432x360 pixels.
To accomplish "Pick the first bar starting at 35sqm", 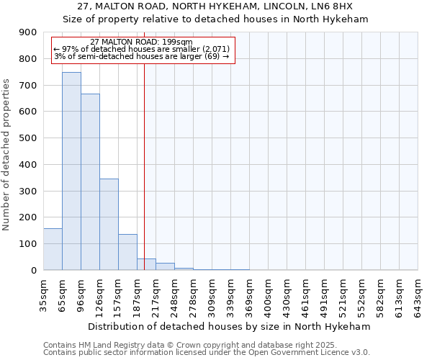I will coord(53,249).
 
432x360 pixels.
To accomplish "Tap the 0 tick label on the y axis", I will coord(33,271).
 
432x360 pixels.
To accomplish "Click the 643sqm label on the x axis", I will coord(418,295).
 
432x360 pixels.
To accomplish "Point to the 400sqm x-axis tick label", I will coord(268,295).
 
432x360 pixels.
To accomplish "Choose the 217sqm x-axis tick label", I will coord(156,295).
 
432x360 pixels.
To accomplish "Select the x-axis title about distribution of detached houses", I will coord(230,326).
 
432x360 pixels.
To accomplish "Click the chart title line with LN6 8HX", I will coord(215,6).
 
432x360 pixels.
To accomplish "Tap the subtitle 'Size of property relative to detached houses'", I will coord(215,19).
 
